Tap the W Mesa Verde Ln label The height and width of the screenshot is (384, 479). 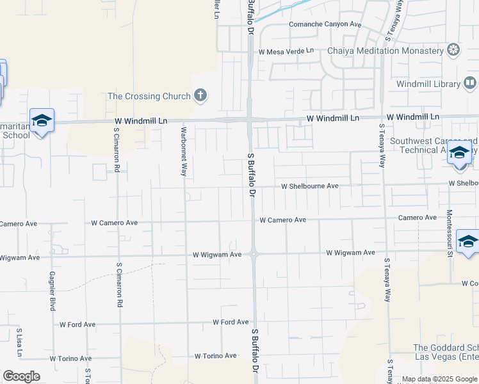point(286,51)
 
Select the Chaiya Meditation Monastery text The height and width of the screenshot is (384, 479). point(386,51)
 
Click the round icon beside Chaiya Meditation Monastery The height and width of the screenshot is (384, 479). point(453,50)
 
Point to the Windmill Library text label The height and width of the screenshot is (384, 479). point(428,84)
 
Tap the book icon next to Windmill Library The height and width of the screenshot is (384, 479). point(469,83)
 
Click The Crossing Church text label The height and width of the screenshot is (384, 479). point(149,96)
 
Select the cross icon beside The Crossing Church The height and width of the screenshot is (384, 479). point(200,96)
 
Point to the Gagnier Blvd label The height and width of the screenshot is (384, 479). point(52,291)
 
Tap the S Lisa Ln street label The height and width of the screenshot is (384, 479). point(19,343)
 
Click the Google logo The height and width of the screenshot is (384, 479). point(21,376)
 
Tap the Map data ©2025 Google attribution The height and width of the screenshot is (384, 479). point(439,379)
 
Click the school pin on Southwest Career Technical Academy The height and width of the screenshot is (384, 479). point(459,154)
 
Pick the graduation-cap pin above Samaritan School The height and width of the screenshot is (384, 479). point(42,120)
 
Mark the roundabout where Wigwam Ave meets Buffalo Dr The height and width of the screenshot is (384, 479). point(254,253)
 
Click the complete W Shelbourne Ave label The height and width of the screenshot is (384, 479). point(310,186)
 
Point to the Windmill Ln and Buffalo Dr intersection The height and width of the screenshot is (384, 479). point(250,120)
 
